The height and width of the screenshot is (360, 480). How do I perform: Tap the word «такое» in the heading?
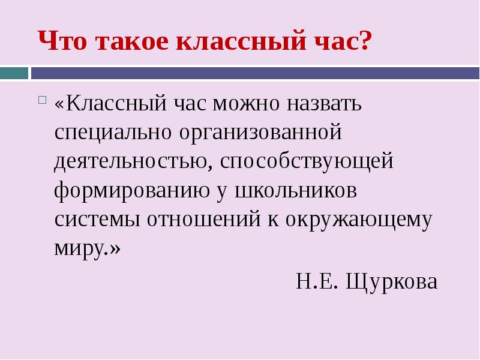coord(132,41)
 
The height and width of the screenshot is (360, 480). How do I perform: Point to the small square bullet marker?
coord(43,100)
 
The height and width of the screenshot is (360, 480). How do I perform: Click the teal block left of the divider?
coord(14,73)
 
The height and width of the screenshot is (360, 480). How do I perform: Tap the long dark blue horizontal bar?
coord(256,73)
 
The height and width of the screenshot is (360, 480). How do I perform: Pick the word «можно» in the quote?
coord(246,104)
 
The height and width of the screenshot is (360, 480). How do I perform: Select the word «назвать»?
coord(325,104)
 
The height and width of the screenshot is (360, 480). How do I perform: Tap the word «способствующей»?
coord(307,162)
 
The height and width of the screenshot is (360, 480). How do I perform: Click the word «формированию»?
coord(132,191)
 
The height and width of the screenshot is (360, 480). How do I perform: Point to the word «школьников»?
coord(296,191)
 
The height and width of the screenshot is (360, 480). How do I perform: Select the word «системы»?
coord(97,220)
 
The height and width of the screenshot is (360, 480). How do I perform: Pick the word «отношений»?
coord(204,219)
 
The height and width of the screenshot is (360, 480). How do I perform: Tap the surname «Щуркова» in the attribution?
coord(392,281)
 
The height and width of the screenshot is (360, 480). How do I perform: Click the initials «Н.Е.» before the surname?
coord(317,281)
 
